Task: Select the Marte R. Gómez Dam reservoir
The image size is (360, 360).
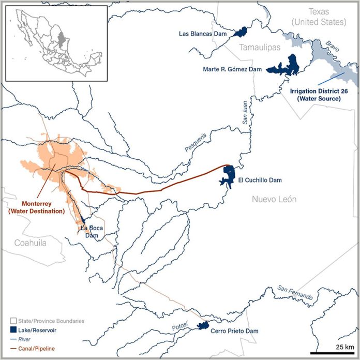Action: [x=283, y=67]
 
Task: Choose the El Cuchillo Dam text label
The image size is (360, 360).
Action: [x=260, y=181]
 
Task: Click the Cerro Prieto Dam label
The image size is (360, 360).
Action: [x=235, y=331]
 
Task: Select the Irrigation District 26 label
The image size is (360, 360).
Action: [x=319, y=94]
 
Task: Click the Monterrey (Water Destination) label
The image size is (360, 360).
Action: [x=36, y=207]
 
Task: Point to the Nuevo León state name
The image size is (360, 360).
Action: [x=274, y=199]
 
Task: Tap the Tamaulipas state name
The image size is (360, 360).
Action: [x=259, y=47]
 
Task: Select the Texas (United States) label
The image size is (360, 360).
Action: [x=318, y=16]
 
